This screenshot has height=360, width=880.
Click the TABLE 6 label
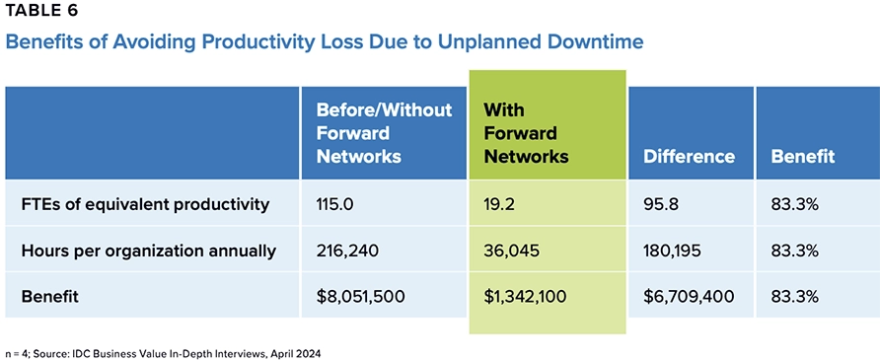pos(42,13)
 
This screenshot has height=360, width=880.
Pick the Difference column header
pos(689,156)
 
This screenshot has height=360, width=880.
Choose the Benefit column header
pos(803,156)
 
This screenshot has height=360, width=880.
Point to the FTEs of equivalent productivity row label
pos(145,205)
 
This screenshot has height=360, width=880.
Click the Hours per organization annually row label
pos(148,251)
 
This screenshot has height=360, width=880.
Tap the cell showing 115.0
pos(336,205)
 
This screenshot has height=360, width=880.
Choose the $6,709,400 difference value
pos(688,296)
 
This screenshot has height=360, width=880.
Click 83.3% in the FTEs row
pos(795,205)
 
